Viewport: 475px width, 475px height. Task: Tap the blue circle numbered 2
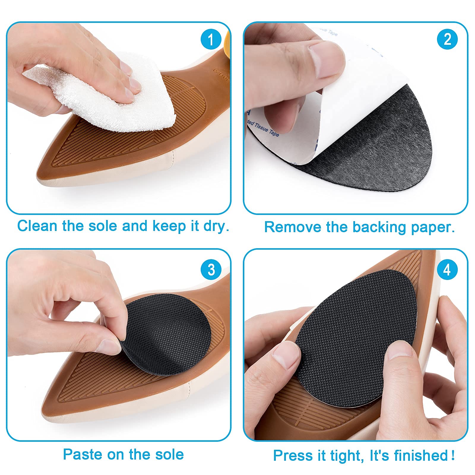pos(447,39)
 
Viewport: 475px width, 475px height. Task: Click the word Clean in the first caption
pos(37,226)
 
